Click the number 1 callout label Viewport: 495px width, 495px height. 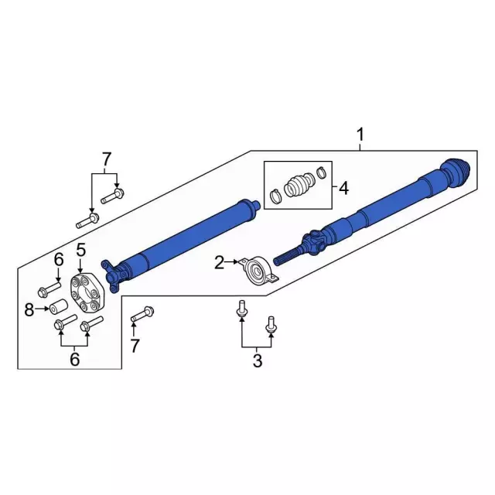coord(360,136)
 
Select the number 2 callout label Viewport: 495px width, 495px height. coord(220,264)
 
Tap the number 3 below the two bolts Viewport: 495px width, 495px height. coord(258,361)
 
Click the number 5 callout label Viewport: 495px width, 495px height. coord(80,249)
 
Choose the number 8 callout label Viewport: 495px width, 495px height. coord(29,310)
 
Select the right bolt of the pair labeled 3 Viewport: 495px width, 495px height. coord(271,324)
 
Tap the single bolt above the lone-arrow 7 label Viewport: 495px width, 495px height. coord(142,315)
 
